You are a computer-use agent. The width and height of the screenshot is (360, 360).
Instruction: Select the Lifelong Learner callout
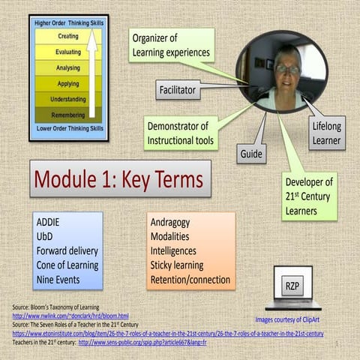pos(326,133)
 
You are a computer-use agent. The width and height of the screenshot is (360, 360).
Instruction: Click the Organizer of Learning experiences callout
pos(171,46)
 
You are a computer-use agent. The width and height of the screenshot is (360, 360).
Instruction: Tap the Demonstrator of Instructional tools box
pos(181,132)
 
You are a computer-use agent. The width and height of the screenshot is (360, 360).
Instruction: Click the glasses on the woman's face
pos(286,69)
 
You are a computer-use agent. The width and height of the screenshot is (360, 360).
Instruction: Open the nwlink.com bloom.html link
pos(70,316)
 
